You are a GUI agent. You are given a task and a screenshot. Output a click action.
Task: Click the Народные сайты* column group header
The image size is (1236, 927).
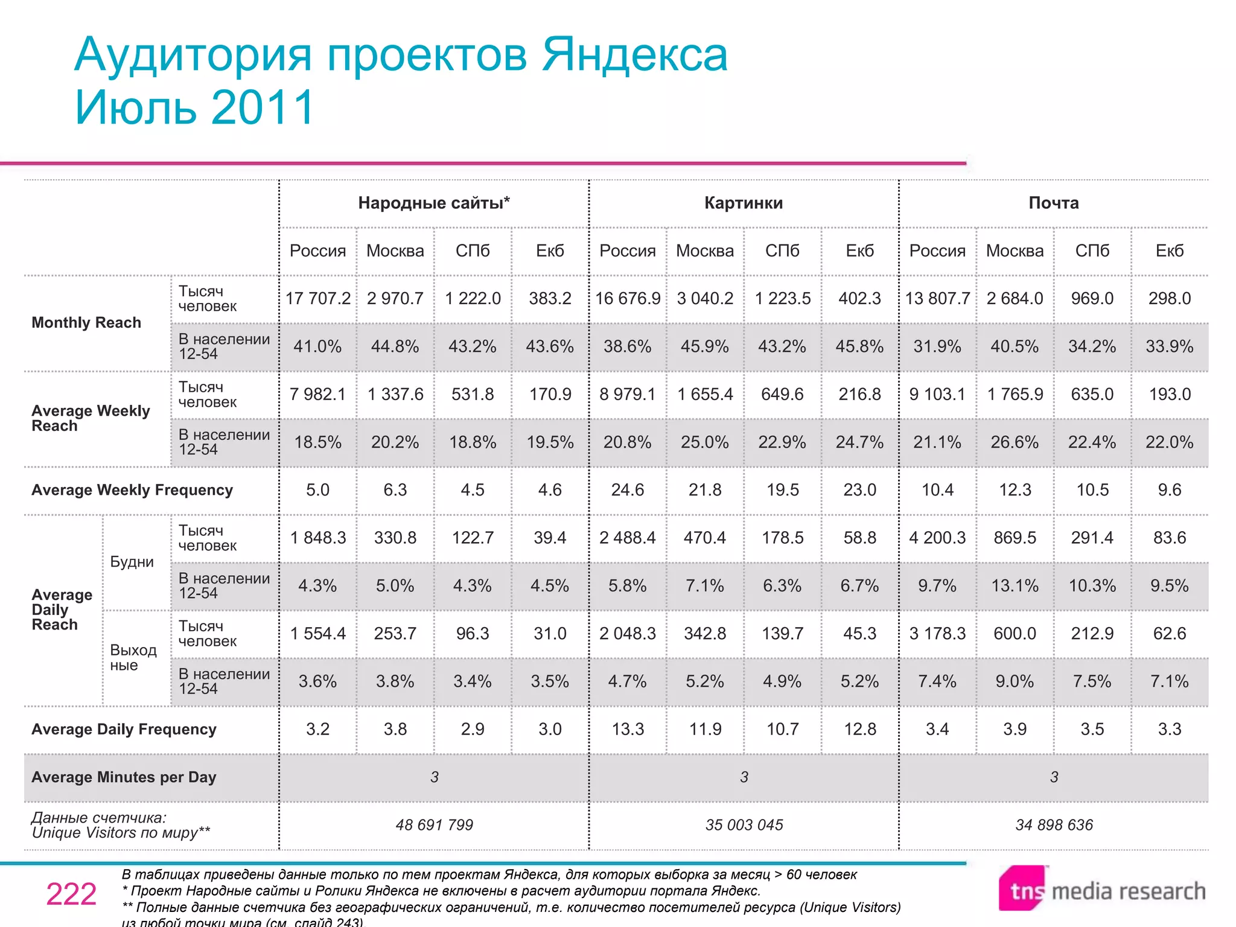[434, 203]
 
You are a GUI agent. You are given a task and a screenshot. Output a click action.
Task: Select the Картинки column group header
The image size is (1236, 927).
[744, 203]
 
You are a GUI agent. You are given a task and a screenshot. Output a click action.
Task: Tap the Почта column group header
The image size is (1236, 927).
[1054, 203]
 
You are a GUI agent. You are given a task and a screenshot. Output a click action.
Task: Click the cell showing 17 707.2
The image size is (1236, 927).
[317, 298]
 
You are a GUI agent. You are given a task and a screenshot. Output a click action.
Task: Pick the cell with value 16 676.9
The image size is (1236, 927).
[628, 298]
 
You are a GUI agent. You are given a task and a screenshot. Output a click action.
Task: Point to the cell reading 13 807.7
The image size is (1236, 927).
[937, 298]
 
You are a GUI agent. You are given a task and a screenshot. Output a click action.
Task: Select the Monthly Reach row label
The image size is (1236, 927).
[86, 322]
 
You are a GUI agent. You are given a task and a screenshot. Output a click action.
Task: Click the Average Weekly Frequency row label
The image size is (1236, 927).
[132, 490]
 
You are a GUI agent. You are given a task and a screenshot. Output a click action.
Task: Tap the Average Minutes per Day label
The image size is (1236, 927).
[124, 777]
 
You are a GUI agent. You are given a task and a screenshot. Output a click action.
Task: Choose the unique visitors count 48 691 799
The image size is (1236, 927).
[434, 825]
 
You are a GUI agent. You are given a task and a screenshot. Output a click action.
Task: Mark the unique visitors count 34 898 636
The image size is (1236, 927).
[1054, 825]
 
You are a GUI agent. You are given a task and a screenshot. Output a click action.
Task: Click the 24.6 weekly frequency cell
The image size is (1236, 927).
[628, 490]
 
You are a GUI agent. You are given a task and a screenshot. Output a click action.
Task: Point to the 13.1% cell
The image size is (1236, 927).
[1015, 585]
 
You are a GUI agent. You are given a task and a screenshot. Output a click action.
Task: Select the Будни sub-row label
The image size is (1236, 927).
[132, 562]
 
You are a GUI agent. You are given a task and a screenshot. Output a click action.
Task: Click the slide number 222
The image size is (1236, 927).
[71, 894]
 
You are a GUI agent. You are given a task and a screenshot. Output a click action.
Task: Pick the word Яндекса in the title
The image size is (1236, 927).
[634, 55]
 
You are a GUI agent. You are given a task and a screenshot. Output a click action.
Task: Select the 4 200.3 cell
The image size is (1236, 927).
[937, 538]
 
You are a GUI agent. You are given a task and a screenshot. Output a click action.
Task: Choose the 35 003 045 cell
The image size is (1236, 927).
[744, 825]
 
